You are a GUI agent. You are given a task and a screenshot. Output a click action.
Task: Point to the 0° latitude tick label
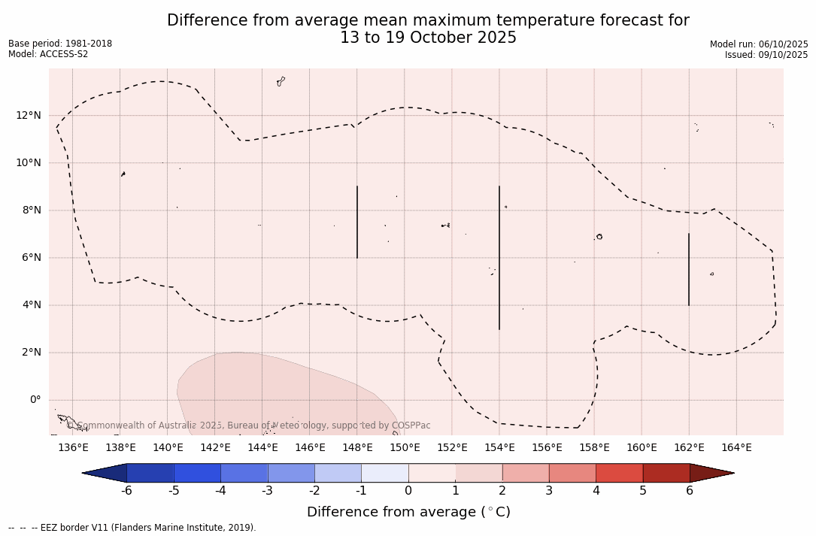coord(34,400)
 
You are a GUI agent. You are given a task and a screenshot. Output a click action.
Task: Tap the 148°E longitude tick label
coord(357,448)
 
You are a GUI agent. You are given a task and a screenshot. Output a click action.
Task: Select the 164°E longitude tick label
coord(736,448)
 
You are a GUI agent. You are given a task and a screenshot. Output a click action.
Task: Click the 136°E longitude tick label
coord(73,448)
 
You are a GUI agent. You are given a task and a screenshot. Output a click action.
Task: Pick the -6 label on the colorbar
coord(127,491)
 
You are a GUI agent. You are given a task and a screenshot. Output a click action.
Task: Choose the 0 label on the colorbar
coord(408,491)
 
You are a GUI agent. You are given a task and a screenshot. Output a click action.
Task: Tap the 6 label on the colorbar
coord(690,491)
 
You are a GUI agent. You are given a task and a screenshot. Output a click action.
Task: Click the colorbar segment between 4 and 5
coord(619,473)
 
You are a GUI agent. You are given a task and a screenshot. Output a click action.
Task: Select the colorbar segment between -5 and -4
coord(197,473)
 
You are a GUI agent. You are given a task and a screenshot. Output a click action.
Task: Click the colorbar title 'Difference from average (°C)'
coord(408,512)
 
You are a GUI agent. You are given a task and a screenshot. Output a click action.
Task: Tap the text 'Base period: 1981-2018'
coord(60,44)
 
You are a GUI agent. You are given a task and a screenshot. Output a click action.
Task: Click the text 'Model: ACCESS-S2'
coord(48,54)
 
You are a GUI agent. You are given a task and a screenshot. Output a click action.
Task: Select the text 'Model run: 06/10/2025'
coord(759,44)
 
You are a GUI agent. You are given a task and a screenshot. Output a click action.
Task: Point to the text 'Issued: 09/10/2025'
coord(766,55)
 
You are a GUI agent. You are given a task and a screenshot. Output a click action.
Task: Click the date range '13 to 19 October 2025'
coord(428,38)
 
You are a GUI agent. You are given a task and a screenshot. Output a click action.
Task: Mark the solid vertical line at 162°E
coord(689,269)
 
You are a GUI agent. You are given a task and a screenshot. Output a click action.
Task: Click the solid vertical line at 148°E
coord(357,222)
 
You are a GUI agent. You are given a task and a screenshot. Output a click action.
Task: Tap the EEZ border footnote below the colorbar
coord(132,528)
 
